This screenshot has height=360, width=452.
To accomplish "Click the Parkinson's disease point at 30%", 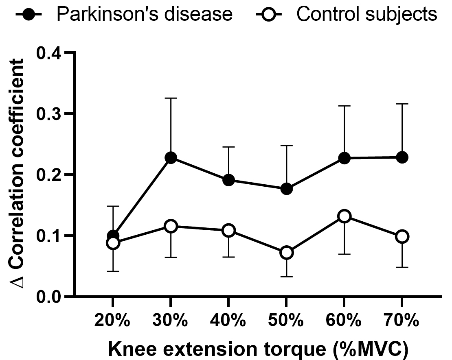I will [171, 158].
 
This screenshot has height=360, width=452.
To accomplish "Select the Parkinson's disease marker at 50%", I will [286, 189].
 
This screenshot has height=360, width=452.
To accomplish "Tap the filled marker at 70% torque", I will [402, 157].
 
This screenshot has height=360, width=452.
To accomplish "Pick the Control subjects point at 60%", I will [344, 216].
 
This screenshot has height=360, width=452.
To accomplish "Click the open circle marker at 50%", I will [286, 253].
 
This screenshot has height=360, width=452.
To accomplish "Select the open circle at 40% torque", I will [228, 230].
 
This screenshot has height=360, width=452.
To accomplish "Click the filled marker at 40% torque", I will [228, 180].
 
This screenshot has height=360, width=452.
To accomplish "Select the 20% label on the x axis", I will [113, 321].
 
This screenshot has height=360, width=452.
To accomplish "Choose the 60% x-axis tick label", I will [344, 321].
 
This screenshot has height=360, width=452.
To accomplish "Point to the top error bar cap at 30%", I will [171, 98].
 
